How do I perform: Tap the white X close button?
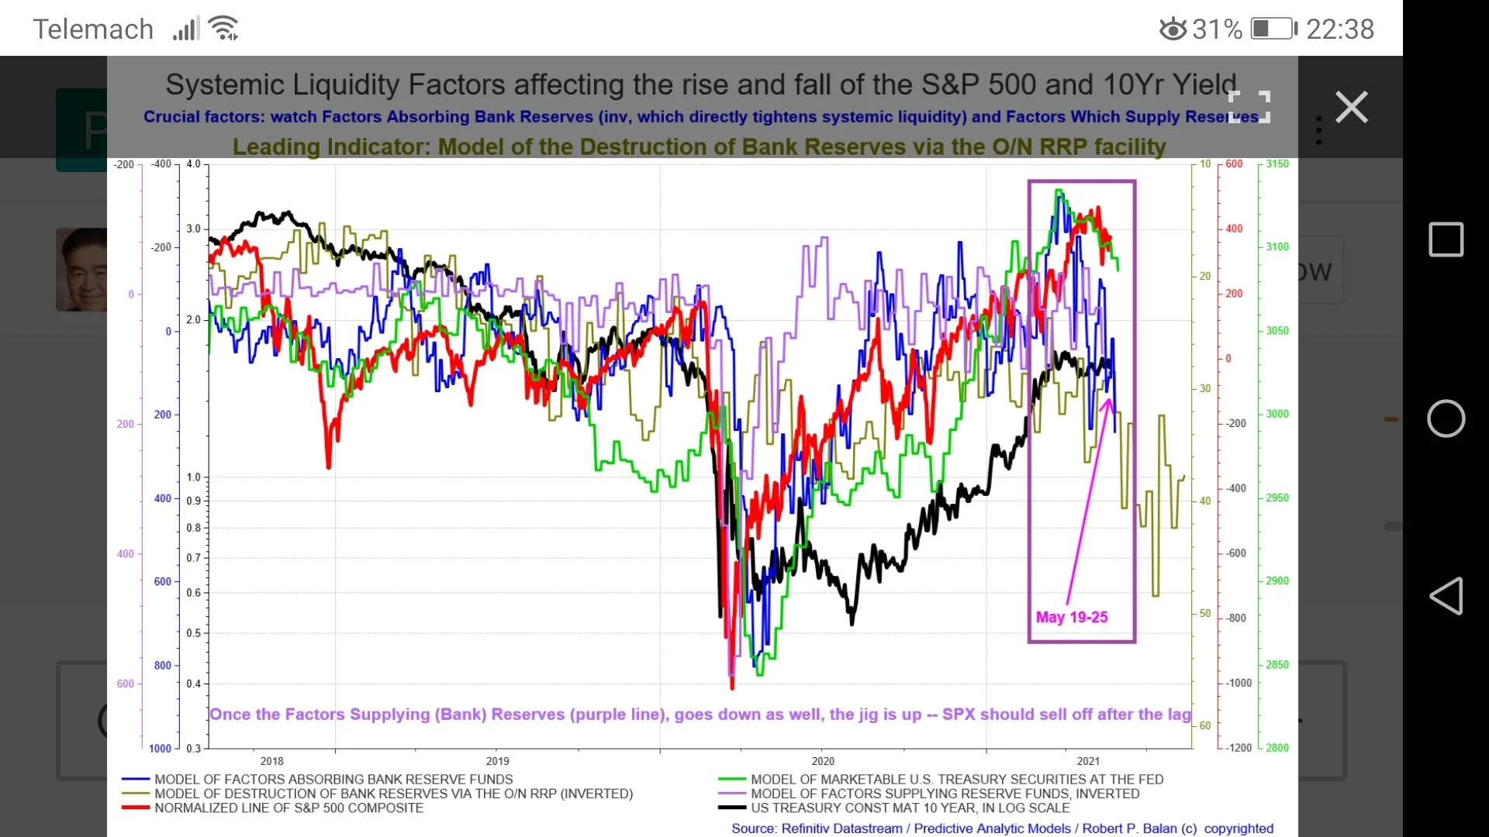tap(1351, 107)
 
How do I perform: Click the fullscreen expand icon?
tap(1249, 107)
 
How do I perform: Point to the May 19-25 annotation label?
tap(1072, 617)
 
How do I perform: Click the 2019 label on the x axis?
tap(497, 761)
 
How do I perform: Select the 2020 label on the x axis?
tap(823, 761)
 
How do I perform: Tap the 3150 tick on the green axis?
tap(1277, 164)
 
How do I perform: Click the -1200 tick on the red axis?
tap(1239, 748)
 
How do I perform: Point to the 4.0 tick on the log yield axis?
tap(193, 164)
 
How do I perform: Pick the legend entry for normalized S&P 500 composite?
tap(288, 808)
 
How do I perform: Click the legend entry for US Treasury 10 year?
tap(910, 808)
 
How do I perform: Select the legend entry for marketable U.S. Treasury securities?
tap(956, 779)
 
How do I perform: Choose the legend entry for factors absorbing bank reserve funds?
tap(333, 779)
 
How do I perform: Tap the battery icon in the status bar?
tap(1273, 29)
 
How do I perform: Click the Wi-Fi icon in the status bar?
tap(224, 29)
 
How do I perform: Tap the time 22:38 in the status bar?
tap(1340, 29)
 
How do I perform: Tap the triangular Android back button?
tap(1446, 596)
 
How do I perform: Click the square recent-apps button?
tap(1446, 239)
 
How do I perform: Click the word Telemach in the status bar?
tap(93, 29)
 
